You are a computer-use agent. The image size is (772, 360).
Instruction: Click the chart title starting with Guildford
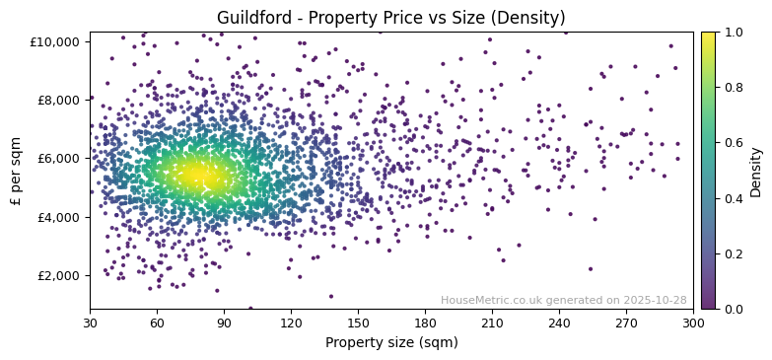[x=391, y=18]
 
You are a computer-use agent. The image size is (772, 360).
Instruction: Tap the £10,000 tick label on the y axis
[x=56, y=41]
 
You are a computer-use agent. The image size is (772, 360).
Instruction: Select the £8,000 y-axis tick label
[x=60, y=100]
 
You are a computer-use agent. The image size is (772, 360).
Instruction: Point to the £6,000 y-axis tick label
[x=60, y=158]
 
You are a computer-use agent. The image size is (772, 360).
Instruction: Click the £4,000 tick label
[x=60, y=217]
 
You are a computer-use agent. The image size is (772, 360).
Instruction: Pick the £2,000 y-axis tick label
[x=60, y=275]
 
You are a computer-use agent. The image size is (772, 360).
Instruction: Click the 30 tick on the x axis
[x=90, y=323]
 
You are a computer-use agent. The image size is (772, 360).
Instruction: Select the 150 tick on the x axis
[x=358, y=323]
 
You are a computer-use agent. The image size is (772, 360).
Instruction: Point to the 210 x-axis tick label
[x=492, y=323]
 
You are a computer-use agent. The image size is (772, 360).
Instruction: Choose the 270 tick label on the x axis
[x=626, y=323]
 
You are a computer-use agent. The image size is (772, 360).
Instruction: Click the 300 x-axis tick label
[x=693, y=323]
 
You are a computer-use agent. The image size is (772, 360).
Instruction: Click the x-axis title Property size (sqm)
[x=391, y=342]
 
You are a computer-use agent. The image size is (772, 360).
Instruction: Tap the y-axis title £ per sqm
[x=17, y=171]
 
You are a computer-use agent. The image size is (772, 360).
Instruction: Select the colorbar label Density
[x=756, y=171]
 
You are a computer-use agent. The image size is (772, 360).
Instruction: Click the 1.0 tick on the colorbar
[x=734, y=33]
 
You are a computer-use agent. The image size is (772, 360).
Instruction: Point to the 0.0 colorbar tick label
[x=734, y=309]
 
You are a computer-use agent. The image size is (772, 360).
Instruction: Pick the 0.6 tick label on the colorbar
[x=734, y=143]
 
